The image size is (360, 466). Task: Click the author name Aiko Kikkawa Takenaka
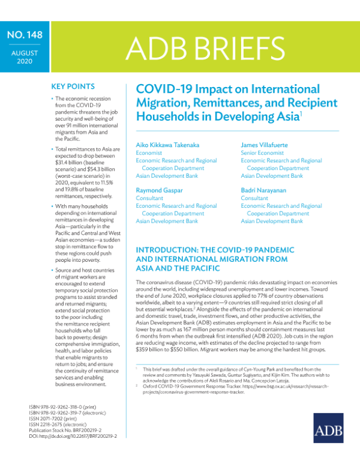[171, 145]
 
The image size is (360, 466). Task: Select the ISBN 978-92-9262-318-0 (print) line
[67, 407]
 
